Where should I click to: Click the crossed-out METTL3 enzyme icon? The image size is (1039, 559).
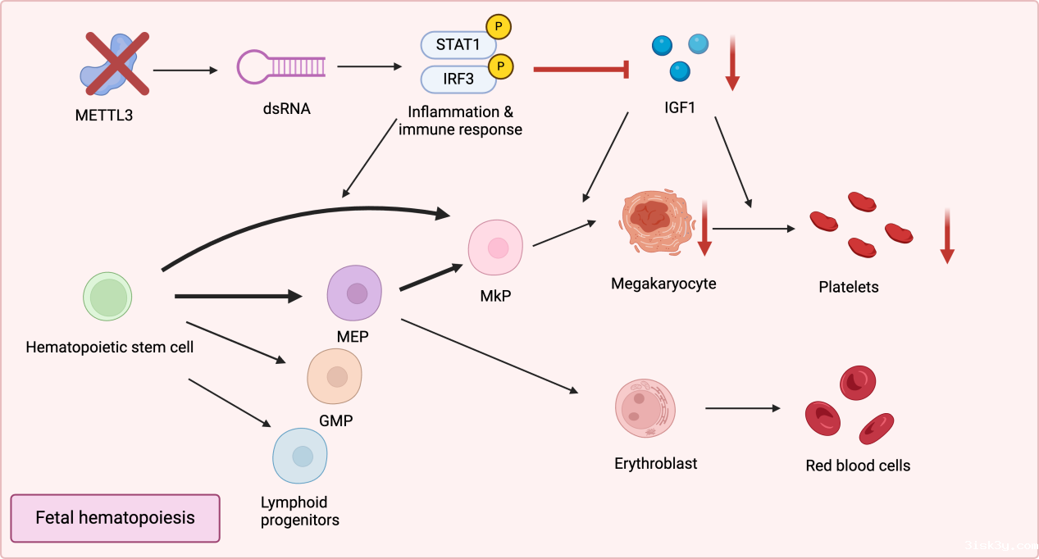point(114,63)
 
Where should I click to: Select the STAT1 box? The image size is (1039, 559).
point(458,44)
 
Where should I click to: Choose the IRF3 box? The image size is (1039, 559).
point(458,80)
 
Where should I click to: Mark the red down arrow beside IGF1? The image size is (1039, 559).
point(732,62)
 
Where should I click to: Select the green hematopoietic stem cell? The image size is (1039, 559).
point(108,296)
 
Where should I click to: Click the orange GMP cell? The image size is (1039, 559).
point(335,376)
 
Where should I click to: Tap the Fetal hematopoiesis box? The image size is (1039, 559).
point(115,518)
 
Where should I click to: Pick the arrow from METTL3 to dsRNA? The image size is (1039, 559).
point(185,70)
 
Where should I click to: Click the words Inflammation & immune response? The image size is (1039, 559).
point(460,120)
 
